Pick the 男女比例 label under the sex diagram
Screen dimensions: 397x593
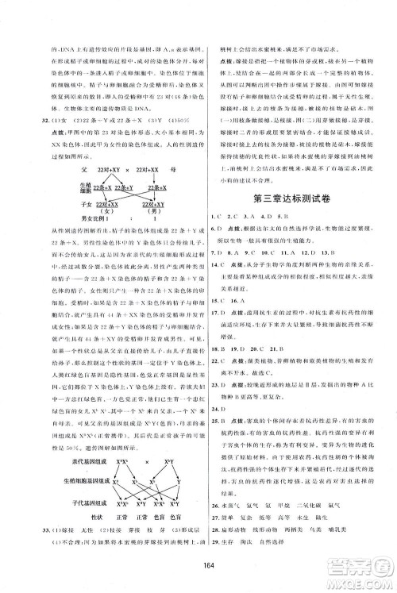tap(77, 240)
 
